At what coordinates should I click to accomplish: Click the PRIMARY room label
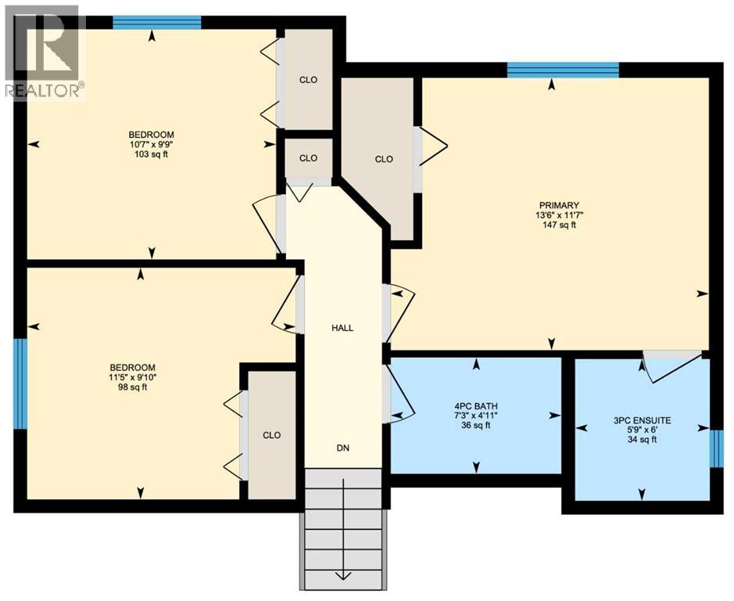point(558,206)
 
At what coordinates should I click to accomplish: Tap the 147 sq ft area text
point(558,225)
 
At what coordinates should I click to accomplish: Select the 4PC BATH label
point(476,405)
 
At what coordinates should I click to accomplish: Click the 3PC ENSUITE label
point(642,420)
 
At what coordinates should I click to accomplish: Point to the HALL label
point(342,328)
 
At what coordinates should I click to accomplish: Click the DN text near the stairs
point(342,448)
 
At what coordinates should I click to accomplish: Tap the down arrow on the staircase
point(342,577)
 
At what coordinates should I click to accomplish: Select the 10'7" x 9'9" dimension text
point(152,145)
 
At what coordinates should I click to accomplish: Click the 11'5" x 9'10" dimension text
point(132,377)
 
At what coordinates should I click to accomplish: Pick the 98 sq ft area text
point(132,387)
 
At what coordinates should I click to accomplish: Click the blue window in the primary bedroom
point(563,70)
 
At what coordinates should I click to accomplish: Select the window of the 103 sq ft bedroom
point(156,22)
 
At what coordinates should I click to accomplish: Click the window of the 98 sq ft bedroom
point(20,383)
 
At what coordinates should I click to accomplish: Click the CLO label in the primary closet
point(383,159)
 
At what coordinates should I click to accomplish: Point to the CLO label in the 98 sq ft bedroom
point(271,435)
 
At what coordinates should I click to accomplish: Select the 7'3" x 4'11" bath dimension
point(476,416)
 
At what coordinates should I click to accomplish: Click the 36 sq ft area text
point(476,426)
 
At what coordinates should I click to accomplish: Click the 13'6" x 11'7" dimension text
point(558,215)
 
